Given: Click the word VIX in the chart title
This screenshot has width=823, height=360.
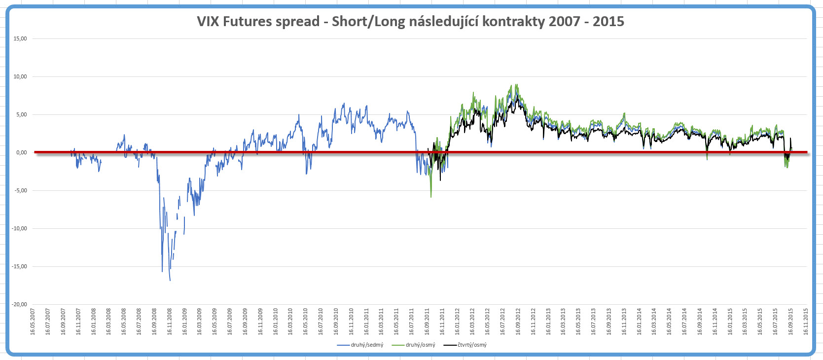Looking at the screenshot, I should [x=208, y=22].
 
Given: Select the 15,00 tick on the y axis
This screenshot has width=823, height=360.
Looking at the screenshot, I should [x=20, y=38].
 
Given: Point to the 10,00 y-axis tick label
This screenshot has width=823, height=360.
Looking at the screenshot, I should [x=20, y=76].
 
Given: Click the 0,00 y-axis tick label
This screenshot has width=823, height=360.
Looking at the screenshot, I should [x=21, y=152].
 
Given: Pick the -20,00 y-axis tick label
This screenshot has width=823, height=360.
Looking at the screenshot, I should [x=19, y=304].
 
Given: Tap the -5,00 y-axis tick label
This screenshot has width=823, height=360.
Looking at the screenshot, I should [x=20, y=190].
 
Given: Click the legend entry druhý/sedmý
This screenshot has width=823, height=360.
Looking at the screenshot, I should [x=366, y=345].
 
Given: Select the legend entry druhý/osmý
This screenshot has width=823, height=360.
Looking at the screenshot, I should [x=420, y=345].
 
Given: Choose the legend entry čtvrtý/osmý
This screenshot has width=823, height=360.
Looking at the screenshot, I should [x=472, y=345].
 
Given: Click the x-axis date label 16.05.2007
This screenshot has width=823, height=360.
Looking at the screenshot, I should [x=33, y=322].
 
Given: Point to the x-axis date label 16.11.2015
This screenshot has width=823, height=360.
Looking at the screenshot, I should [x=806, y=322].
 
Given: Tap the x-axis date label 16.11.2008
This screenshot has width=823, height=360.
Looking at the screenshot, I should [x=170, y=322].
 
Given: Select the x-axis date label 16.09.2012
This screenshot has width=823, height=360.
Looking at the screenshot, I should [x=518, y=322].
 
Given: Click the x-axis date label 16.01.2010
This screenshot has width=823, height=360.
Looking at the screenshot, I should [x=276, y=322].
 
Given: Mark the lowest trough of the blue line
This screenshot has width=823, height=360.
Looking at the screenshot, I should [x=170, y=281].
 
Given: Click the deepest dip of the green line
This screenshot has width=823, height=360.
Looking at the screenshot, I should [x=431, y=197].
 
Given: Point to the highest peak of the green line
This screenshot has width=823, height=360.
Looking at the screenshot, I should [x=516, y=84].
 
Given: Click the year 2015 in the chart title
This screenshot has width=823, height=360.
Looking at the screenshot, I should [x=608, y=22].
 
